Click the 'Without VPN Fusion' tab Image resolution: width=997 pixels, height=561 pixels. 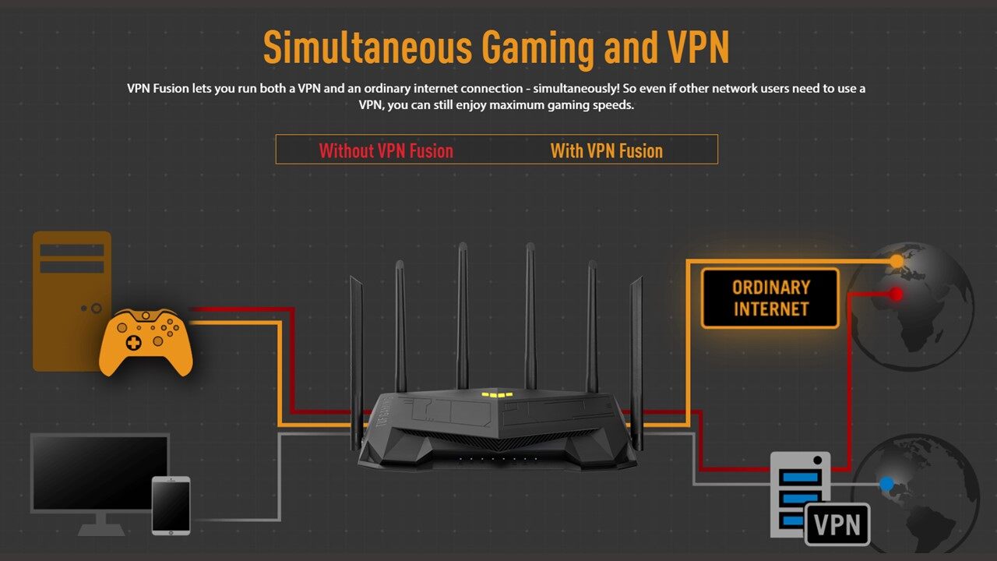click(386, 150)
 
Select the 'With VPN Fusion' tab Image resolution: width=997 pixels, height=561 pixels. click(606, 150)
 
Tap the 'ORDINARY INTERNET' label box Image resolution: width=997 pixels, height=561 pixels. click(770, 298)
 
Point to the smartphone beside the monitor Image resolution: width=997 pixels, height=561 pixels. click(171, 506)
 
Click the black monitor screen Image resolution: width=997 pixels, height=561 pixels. click(100, 472)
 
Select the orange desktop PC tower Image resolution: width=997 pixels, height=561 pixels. click(72, 300)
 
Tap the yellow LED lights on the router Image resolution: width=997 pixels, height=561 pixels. click(497, 394)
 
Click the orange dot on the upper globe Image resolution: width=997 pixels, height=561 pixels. click(897, 260)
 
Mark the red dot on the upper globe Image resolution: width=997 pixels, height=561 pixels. click(897, 294)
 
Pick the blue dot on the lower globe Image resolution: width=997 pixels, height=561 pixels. click(886, 484)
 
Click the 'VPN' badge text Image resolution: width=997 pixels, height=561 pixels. click(837, 524)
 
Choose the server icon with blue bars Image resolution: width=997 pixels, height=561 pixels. click(799, 494)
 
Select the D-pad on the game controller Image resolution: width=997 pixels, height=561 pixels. click(134, 343)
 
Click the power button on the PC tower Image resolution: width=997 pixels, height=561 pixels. click(97, 309)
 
